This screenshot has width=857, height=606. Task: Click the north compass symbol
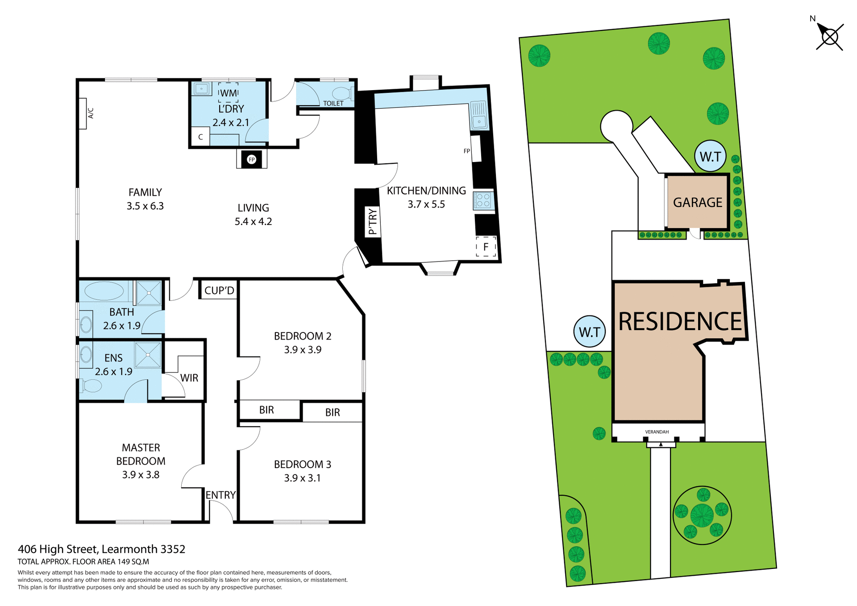point(829,37)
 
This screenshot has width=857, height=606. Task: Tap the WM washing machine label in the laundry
point(229,93)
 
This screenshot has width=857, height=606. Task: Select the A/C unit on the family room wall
point(83,114)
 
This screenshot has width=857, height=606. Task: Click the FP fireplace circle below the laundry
point(252,159)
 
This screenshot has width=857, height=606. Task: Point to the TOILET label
point(333,104)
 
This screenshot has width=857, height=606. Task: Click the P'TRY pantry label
point(373,222)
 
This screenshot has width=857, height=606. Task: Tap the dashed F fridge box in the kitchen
point(486,246)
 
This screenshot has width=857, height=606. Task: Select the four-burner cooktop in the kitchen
point(483,200)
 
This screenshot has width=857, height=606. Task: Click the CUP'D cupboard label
point(219,291)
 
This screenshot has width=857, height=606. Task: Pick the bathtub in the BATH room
point(104,291)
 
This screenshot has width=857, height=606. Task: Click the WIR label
point(189,378)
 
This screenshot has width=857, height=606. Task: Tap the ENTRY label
point(220,495)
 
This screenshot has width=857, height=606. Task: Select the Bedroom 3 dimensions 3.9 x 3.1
point(302,478)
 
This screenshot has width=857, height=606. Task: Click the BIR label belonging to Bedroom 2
point(266,410)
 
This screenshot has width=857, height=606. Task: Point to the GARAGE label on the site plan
point(697,203)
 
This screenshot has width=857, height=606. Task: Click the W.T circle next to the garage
point(710,156)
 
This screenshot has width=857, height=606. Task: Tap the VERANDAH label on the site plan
point(657,432)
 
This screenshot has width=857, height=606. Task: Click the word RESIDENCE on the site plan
point(680,321)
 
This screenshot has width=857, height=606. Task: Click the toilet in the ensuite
point(92,385)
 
